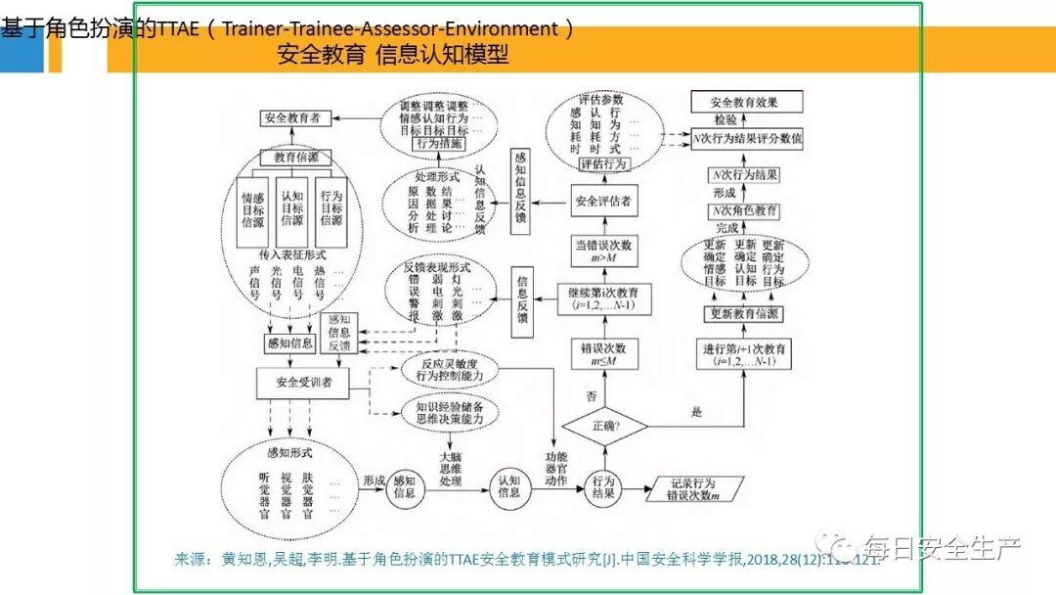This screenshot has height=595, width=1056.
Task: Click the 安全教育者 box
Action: [x=291, y=117]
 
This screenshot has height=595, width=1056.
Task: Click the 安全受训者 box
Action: [x=303, y=383]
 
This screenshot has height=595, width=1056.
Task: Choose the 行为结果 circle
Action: [x=602, y=486]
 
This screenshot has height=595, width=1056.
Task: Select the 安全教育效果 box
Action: [x=747, y=102]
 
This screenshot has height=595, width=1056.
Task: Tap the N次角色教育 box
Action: [x=745, y=211]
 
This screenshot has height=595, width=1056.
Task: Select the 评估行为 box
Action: [x=603, y=164]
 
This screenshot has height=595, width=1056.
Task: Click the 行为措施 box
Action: [x=439, y=144]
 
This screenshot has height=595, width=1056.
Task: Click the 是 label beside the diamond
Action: [x=696, y=412]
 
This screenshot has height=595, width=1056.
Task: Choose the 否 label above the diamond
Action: [x=590, y=396]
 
